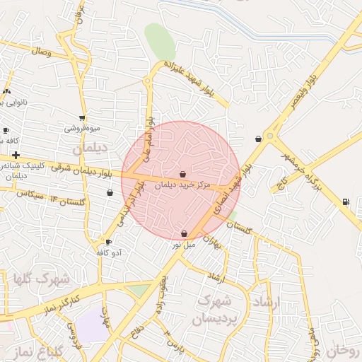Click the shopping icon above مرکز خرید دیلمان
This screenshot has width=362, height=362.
(183, 174)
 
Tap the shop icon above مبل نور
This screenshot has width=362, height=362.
(184, 233)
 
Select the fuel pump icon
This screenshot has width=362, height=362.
(345, 202)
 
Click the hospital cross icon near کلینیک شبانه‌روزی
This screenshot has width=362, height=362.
(16, 154)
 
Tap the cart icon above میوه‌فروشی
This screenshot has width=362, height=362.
(82, 118)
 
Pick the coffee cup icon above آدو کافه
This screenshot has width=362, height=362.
(108, 242)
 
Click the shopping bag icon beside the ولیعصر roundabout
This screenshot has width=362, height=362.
(258, 139)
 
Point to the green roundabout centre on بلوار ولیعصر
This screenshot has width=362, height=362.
(269, 136)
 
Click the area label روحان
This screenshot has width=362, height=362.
(345, 350)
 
